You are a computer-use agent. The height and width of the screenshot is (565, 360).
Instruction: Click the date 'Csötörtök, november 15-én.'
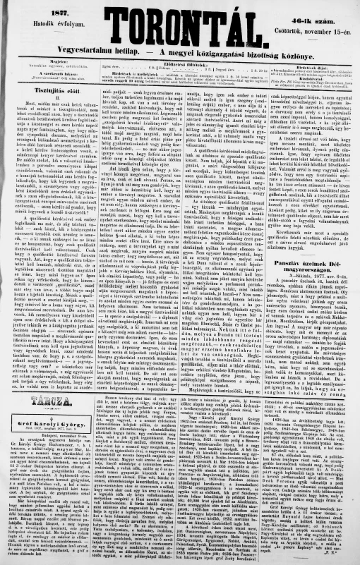(311, 23)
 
